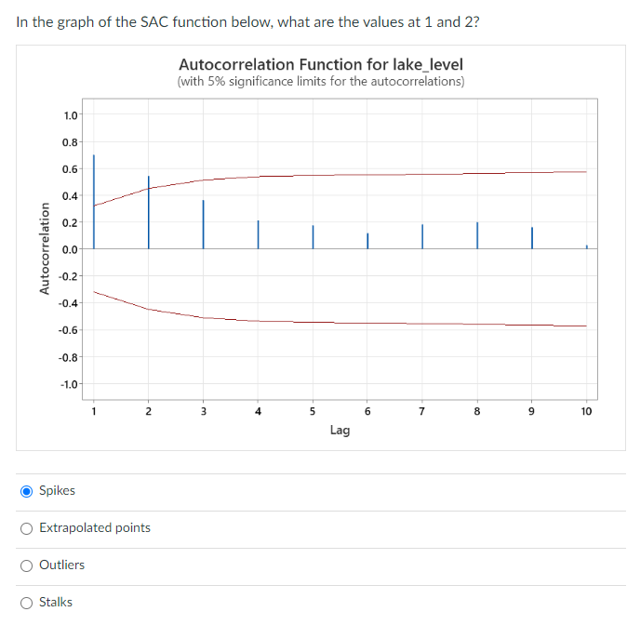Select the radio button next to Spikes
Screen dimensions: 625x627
(27, 490)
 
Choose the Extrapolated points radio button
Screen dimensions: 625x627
(27, 527)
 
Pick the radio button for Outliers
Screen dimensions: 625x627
(27, 565)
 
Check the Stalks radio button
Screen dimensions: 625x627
(27, 602)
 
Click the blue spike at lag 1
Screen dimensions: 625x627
(93, 200)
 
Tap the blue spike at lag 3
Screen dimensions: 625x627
(203, 224)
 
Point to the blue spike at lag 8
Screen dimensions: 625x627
(477, 235)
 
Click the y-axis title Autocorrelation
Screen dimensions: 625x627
(44, 249)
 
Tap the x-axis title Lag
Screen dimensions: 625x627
(340, 430)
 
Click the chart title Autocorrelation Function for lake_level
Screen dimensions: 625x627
(320, 64)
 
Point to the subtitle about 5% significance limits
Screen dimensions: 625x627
(320, 82)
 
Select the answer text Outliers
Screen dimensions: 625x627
(61, 565)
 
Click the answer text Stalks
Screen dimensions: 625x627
(56, 602)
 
